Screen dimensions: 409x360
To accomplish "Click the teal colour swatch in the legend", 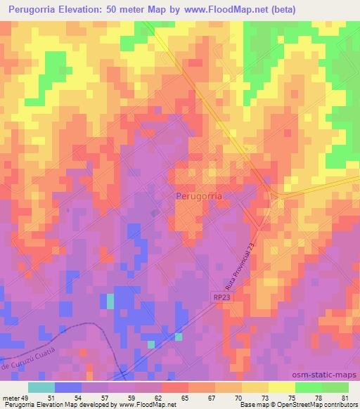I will [41, 387].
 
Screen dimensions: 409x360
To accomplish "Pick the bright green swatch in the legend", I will [309, 387].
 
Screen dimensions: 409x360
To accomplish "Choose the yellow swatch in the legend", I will [281, 387].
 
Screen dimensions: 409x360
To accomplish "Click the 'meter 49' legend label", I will [15, 398].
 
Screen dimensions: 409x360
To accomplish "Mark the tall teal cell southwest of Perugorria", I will [110, 301].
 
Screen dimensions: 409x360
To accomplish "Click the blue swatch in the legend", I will [68, 387].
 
